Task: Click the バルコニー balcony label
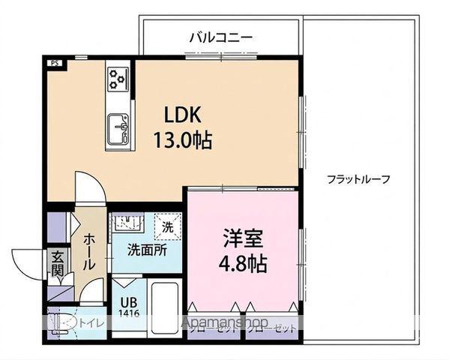pos(220,36)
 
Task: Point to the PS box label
pos(54,64)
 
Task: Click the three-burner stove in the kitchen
pos(118,76)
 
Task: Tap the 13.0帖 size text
pos(183,140)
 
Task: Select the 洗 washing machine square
pos(167,224)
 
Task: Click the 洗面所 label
pos(145,250)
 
